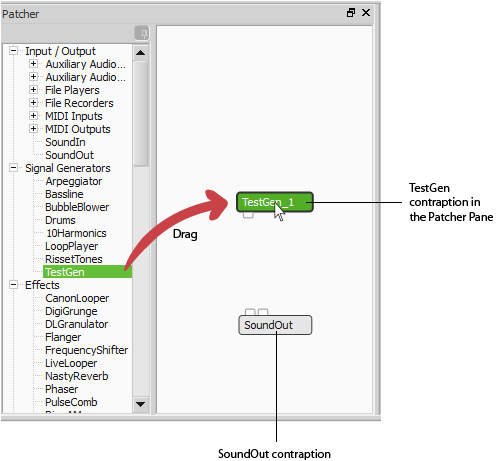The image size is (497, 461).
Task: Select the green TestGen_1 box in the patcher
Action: tap(275, 202)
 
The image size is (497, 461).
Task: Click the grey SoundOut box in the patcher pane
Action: tap(275, 325)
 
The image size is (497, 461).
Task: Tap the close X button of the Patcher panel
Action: tap(366, 13)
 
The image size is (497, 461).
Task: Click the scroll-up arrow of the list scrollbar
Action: tap(140, 53)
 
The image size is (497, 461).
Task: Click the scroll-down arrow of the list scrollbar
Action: tap(140, 404)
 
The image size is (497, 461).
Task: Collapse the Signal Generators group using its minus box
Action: tap(14, 168)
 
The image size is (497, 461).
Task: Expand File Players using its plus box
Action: tap(33, 90)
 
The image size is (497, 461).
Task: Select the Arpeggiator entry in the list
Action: tap(74, 181)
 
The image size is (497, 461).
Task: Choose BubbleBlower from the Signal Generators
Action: tap(77, 207)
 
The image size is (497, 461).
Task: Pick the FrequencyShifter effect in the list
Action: tap(86, 350)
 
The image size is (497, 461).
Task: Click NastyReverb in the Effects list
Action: tap(77, 376)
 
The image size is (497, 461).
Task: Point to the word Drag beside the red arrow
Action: tap(185, 234)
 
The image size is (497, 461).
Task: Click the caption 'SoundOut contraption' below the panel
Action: tap(274, 454)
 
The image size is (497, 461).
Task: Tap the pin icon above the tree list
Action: tap(142, 33)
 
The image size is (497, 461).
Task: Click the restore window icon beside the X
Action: tap(351, 13)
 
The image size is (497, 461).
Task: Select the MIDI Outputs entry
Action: tap(78, 129)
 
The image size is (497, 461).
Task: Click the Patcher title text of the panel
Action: tap(20, 14)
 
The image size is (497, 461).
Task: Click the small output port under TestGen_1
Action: tap(248, 215)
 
